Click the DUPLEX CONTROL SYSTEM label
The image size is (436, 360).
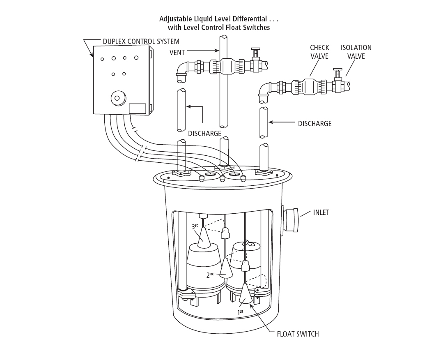pyautogui.click(x=141, y=42)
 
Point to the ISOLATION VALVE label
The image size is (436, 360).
pyautogui.click(x=356, y=52)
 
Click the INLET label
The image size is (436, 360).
pyautogui.click(x=321, y=212)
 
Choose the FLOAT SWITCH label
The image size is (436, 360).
pyautogui.click(x=298, y=334)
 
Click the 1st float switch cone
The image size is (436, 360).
pyautogui.click(x=246, y=295)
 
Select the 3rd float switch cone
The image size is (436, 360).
pyautogui.click(x=204, y=238)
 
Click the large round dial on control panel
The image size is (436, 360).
pyautogui.click(x=117, y=98)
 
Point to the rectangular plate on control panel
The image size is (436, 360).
pyautogui.click(x=138, y=108)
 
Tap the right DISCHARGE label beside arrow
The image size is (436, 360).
pyautogui.click(x=314, y=123)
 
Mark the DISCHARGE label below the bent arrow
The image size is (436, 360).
pyautogui.click(x=204, y=134)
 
